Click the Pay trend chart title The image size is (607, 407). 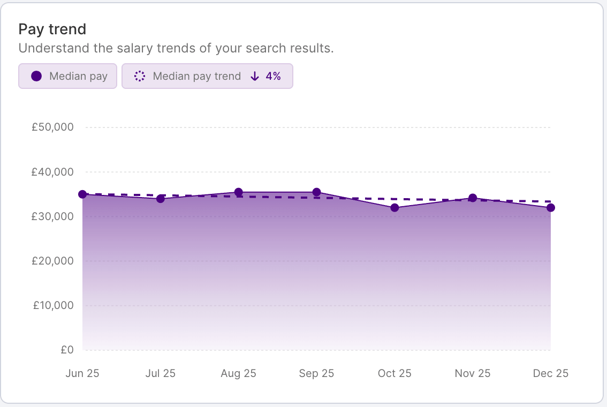pos(52,29)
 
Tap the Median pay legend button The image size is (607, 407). pos(67,76)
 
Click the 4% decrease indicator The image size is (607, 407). pos(266,76)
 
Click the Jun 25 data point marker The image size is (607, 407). pos(82,194)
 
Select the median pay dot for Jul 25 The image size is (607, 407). pos(160,199)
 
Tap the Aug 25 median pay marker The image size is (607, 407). pos(238,192)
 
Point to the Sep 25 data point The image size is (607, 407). pos(316,192)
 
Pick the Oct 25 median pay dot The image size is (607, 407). pos(394,207)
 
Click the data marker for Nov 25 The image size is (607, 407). pos(473,198)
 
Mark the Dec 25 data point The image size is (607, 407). pos(550,207)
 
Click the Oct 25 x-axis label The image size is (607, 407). pos(394,374)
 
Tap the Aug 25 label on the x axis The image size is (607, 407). pos(238,374)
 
